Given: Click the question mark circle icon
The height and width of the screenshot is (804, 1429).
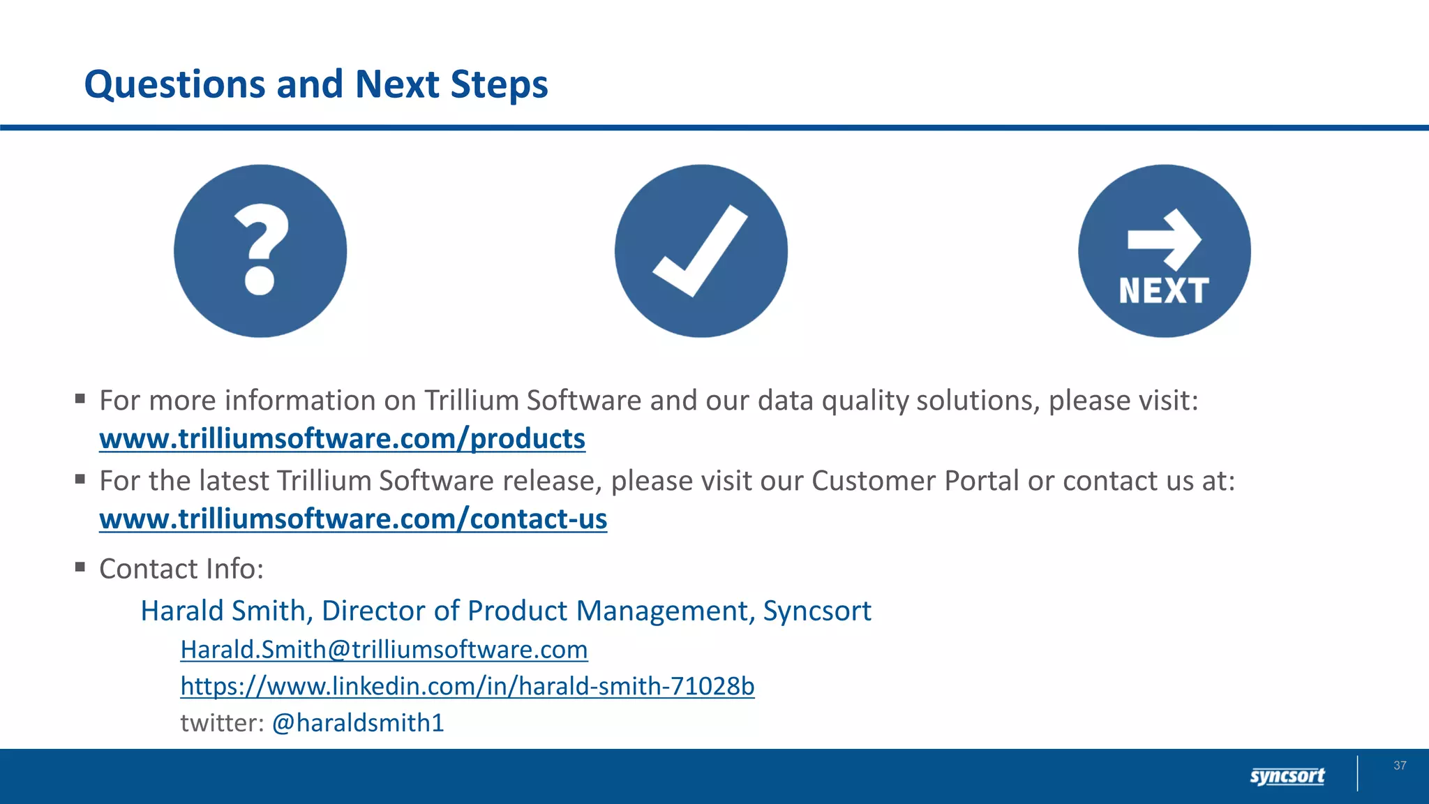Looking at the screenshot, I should pos(260,251).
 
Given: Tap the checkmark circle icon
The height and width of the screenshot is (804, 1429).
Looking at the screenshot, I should pos(701,251).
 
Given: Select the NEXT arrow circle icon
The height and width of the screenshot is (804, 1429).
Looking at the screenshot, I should pos(1165,251).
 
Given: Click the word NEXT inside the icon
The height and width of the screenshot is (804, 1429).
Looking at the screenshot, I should pos(1164,291).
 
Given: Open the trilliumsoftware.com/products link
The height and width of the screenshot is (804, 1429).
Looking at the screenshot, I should pos(342,439).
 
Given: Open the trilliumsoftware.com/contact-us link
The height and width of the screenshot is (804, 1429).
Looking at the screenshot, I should pos(353,519).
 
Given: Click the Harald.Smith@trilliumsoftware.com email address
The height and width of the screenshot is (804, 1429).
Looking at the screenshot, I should pos(384,650).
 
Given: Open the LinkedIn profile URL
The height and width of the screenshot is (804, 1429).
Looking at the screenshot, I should pos(467,686).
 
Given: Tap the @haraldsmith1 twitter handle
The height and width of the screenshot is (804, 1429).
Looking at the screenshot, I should pos(358,723).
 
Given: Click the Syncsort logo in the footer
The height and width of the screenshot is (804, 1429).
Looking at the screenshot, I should pos(1287,776).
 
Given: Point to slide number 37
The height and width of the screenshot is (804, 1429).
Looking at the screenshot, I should pos(1400,766).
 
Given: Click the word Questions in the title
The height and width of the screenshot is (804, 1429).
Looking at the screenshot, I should pos(174,84).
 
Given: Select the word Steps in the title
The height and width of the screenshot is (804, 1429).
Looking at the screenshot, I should pos(500,84).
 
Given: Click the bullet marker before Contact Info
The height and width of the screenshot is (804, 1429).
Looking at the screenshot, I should pos(80,567).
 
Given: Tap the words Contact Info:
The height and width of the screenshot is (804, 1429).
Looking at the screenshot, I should pos(181,569).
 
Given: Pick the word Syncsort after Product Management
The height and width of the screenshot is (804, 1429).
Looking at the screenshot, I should pos(817,611).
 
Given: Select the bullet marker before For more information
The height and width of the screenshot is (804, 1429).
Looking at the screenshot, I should pos(80,399).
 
